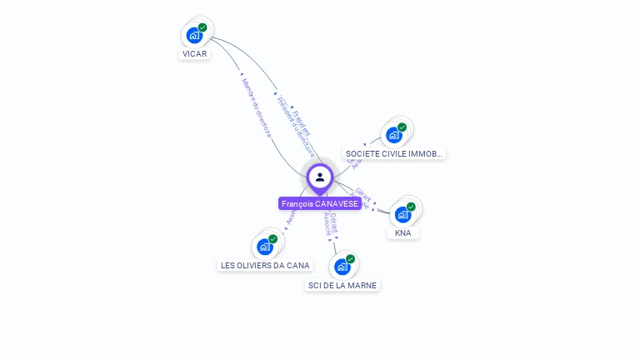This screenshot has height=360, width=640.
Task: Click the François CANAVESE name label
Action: coord(320,203)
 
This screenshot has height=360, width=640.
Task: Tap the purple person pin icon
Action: coord(320,177)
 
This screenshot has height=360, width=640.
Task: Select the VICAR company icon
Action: coord(194,35)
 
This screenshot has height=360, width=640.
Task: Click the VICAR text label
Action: coord(194,54)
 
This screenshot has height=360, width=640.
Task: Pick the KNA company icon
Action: coord(403,214)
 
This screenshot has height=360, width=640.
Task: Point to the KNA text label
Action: coord(403,233)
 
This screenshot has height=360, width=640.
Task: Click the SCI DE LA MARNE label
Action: coord(342,286)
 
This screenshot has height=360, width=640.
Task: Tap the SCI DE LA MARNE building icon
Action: coord(341,267)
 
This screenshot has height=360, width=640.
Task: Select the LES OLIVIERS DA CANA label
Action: coord(265,266)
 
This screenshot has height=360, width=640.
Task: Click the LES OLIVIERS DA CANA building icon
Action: coord(265,247)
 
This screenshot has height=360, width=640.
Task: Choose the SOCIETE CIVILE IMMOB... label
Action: coord(394,154)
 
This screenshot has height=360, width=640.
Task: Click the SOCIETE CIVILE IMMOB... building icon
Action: coord(393,135)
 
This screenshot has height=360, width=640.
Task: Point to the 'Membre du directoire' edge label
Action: coord(255,107)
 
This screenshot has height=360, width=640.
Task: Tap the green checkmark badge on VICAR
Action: coord(202,27)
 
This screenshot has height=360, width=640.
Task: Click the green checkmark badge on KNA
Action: coord(411,207)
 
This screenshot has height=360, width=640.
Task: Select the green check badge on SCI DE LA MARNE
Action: coord(350,259)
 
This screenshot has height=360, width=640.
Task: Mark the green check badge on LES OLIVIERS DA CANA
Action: coord(272,239)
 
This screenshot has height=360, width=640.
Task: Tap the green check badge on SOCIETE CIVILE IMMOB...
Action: coord(402,127)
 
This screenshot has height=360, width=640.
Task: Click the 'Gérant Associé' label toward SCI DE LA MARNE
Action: coord(331,225)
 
